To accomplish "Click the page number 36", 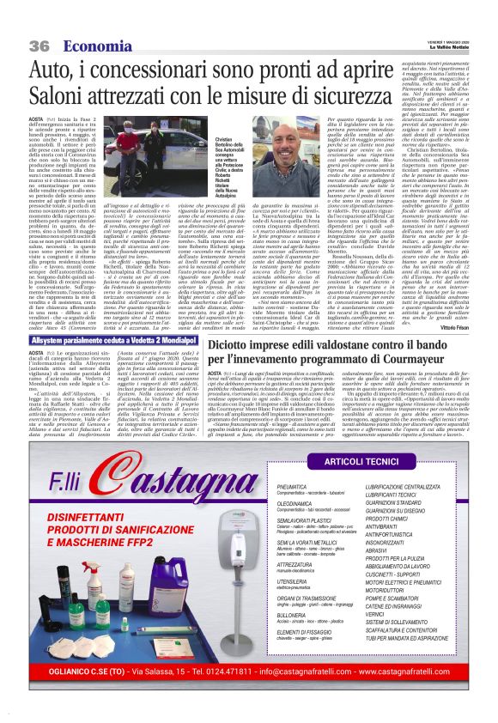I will point(37,21).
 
